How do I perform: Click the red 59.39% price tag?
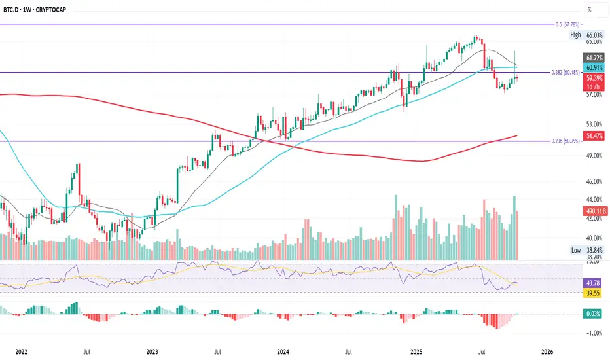click(x=594, y=77)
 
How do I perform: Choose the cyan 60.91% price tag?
click(x=594, y=67)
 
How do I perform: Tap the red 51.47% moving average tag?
click(x=594, y=135)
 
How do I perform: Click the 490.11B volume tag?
click(x=594, y=211)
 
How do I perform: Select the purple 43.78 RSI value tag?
click(x=594, y=283)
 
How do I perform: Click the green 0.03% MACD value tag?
click(x=594, y=314)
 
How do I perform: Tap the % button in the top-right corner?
click(x=590, y=10)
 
